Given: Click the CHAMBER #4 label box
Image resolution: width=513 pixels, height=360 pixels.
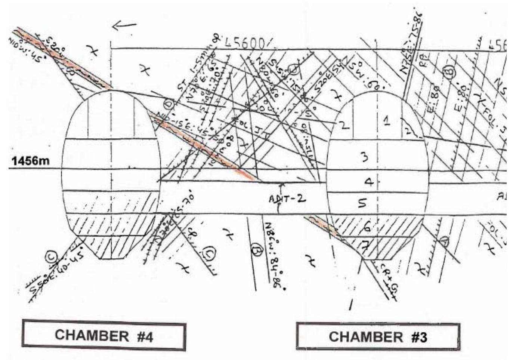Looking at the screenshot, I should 104,335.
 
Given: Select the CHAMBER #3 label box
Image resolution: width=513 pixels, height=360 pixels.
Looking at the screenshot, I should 378,336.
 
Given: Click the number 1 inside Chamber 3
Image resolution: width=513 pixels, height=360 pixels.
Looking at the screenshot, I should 387,120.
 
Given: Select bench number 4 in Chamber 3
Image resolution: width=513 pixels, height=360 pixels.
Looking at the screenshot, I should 368,182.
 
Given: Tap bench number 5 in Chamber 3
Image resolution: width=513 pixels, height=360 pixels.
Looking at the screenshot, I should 362,203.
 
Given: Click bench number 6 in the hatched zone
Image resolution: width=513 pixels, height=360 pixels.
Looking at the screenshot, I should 367,226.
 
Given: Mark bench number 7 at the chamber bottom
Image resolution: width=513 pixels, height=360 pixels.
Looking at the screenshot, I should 366,246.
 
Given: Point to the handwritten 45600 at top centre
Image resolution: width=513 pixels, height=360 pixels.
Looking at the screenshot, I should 245,44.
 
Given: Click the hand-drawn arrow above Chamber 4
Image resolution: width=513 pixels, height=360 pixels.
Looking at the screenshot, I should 124,26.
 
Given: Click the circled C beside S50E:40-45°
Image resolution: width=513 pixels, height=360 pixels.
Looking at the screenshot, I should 50,256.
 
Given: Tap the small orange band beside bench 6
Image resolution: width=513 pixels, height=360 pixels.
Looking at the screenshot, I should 324,226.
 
